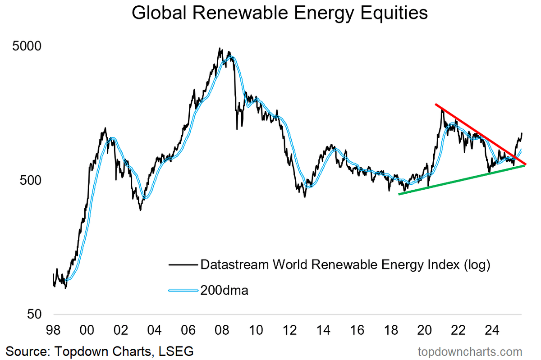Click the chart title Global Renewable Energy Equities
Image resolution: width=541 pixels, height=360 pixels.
280,13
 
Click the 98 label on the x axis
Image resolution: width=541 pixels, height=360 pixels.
54,330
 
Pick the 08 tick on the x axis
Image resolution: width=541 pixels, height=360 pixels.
223,330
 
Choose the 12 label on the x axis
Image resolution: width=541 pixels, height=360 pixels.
290,330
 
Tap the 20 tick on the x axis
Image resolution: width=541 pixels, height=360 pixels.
425,330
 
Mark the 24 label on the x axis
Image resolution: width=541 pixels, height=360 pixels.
492,330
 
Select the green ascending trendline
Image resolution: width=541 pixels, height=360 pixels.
460,180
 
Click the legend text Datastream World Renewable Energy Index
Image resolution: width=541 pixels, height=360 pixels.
344,264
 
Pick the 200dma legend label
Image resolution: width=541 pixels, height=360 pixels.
224,291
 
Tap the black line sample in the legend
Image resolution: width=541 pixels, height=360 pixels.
183,265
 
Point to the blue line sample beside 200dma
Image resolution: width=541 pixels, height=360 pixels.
183,291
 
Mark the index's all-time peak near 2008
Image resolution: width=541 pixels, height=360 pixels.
220,48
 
